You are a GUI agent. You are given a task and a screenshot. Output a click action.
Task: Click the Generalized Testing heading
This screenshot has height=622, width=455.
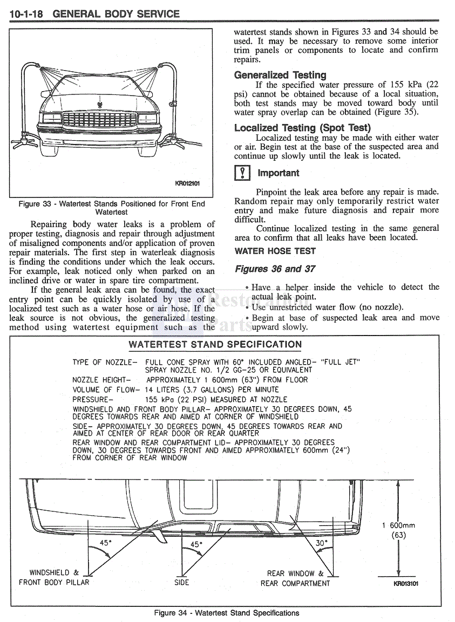(280, 75)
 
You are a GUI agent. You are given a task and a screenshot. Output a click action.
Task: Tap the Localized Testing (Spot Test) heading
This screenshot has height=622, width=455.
(302, 128)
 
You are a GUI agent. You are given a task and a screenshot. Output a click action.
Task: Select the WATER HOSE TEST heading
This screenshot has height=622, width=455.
(275, 251)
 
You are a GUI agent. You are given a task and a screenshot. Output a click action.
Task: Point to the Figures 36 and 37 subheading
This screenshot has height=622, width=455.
(275, 269)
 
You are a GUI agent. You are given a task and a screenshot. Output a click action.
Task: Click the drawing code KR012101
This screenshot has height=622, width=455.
(187, 183)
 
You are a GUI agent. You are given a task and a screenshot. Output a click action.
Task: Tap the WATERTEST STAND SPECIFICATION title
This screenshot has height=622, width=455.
(215, 345)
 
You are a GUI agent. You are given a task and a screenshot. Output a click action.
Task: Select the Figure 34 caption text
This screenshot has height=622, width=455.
(227, 613)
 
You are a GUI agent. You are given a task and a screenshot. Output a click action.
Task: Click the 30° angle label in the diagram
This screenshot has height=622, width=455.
(322, 543)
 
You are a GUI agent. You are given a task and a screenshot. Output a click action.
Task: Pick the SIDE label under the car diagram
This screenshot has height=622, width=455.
(182, 583)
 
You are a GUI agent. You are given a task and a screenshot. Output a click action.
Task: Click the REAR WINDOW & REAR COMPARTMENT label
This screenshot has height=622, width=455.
(295, 578)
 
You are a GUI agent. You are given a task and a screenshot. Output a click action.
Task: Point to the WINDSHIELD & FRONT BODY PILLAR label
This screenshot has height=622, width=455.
(54, 577)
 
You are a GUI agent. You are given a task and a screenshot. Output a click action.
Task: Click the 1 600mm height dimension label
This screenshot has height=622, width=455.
(398, 525)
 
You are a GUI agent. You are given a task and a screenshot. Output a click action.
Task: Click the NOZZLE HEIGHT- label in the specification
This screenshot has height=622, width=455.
(101, 380)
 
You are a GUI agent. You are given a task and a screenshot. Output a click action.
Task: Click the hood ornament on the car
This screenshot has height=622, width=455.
(100, 104)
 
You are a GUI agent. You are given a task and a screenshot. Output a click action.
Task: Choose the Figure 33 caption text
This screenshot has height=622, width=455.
(112, 208)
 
